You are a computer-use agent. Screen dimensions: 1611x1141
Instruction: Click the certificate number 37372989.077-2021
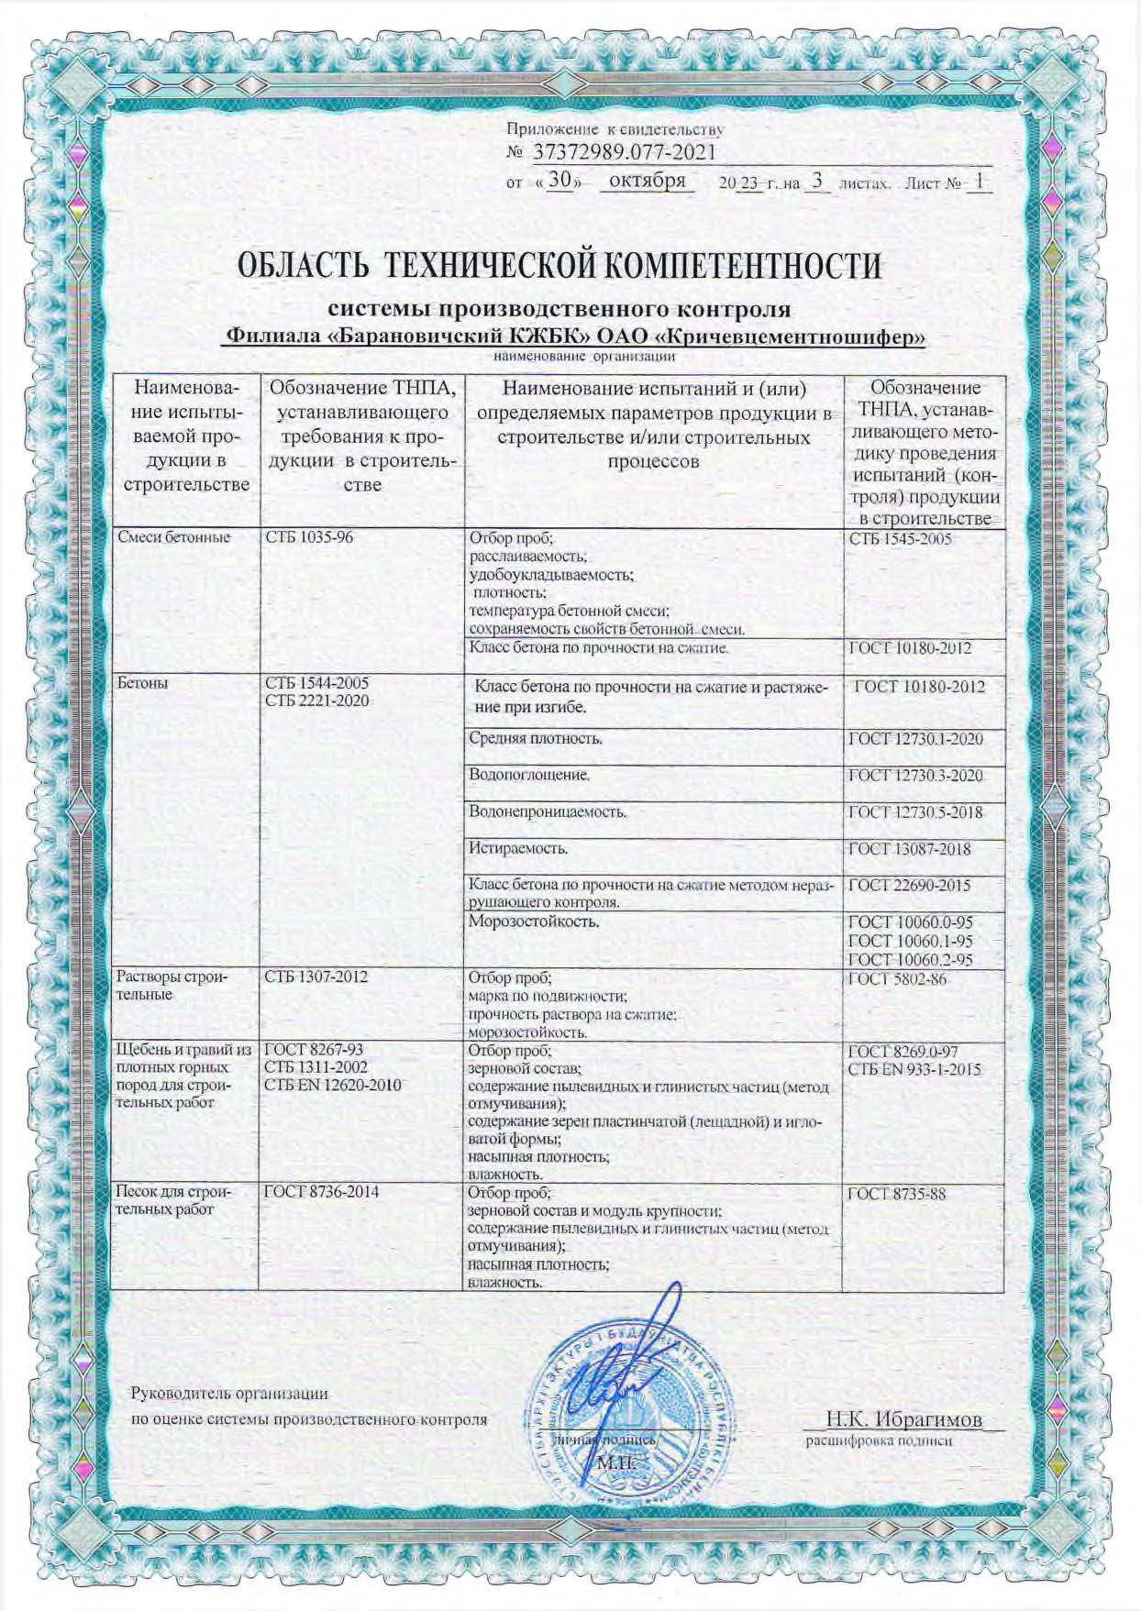624,152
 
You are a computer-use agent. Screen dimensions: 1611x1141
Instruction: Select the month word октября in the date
648,181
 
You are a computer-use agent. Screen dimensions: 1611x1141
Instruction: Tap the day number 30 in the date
559,181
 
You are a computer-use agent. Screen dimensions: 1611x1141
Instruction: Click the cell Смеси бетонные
173,537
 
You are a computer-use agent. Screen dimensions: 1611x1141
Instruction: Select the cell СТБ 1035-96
308,537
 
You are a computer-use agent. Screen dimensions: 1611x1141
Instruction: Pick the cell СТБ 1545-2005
900,538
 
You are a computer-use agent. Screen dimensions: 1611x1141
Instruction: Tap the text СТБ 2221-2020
316,701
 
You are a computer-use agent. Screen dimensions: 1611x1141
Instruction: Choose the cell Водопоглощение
528,775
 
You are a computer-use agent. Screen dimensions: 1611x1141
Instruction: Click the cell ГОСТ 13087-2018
909,849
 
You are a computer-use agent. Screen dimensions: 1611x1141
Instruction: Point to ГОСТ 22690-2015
909,886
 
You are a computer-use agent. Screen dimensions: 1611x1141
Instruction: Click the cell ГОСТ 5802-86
897,979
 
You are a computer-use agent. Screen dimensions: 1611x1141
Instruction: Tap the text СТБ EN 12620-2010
332,1085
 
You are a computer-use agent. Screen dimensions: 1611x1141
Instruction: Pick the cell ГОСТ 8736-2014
321,1192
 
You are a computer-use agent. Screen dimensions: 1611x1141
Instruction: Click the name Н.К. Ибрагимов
903,1420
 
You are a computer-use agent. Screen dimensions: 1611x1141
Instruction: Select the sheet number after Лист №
980,182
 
